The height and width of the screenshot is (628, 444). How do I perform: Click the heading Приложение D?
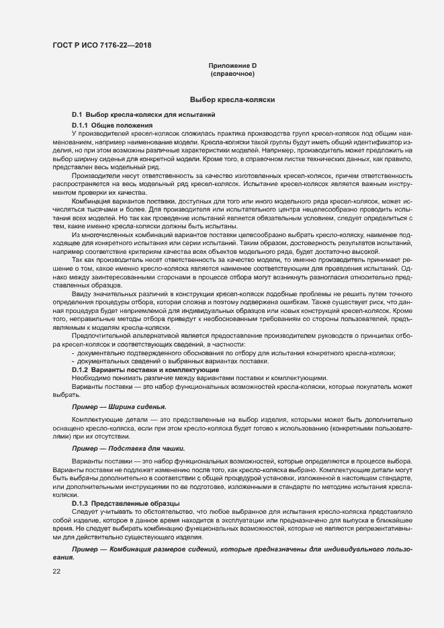[x=232, y=65]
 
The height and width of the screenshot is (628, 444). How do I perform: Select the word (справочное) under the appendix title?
[x=232, y=73]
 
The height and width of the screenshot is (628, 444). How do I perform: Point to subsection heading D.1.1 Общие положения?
[x=113, y=126]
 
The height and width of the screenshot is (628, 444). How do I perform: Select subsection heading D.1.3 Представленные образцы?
[x=126, y=503]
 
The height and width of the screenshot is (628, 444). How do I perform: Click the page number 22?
[x=56, y=571]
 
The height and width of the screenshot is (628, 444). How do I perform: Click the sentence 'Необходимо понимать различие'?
[x=199, y=377]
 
